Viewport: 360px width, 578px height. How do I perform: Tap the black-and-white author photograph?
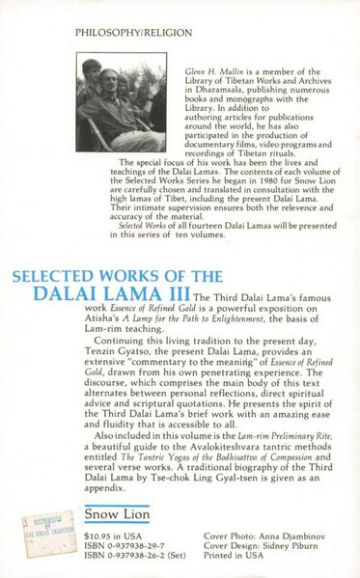point(121,102)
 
